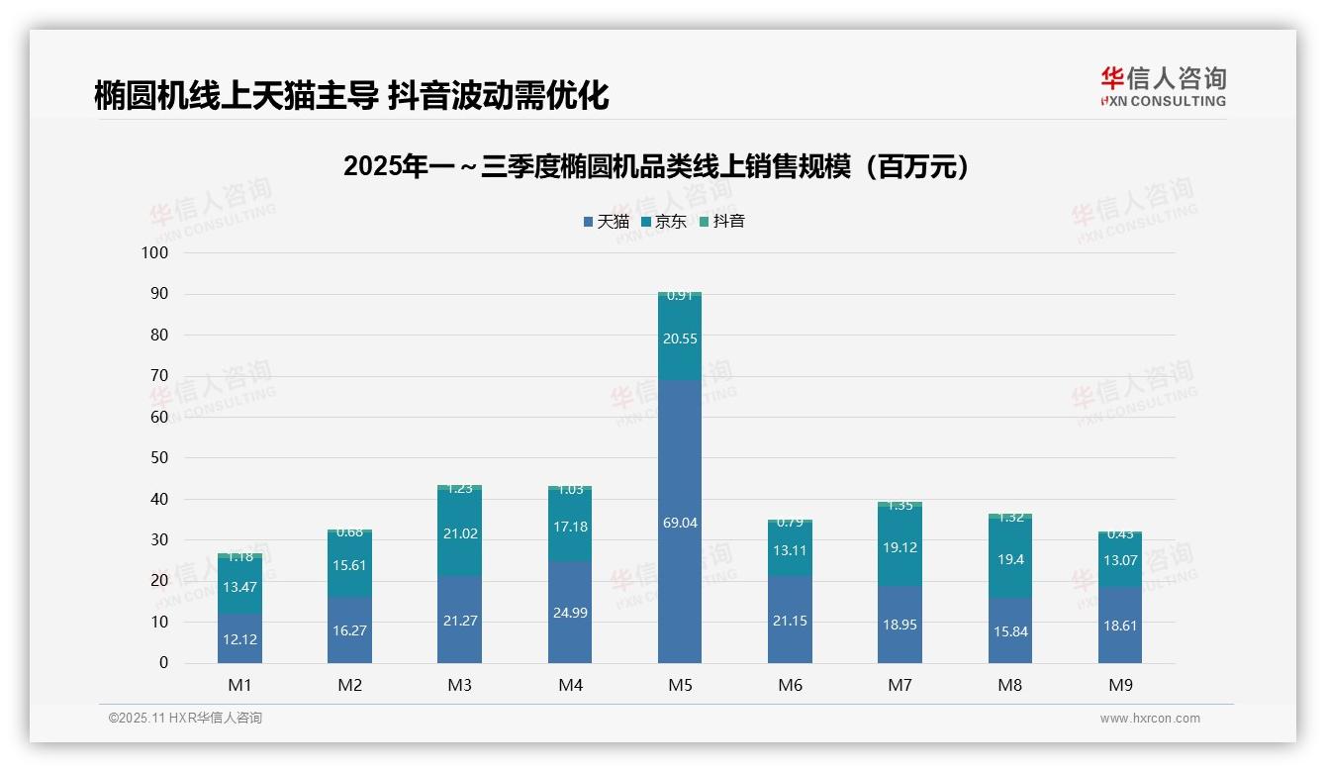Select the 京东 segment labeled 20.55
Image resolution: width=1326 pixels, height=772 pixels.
click(680, 338)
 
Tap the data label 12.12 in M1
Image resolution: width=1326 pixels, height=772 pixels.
click(239, 639)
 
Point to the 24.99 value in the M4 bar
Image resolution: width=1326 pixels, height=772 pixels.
click(570, 613)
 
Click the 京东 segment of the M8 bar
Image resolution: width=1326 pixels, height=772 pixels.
click(1009, 559)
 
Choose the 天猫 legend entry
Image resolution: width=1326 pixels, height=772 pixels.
click(606, 222)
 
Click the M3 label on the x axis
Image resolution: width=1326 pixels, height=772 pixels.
click(460, 685)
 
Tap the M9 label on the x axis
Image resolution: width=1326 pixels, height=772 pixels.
click(1120, 685)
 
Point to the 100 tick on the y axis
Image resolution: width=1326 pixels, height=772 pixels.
click(155, 253)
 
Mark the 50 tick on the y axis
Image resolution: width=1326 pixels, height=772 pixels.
click(158, 458)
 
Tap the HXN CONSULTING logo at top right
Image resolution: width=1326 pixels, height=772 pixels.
click(1163, 86)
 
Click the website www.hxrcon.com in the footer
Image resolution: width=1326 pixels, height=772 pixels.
click(1150, 719)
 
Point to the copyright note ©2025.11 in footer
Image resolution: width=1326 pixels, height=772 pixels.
click(185, 719)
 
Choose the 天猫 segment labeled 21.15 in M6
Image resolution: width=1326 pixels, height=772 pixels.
click(790, 621)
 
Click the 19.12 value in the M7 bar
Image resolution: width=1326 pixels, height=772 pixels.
click(900, 546)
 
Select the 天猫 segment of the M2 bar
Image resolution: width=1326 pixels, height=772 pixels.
click(349, 630)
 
